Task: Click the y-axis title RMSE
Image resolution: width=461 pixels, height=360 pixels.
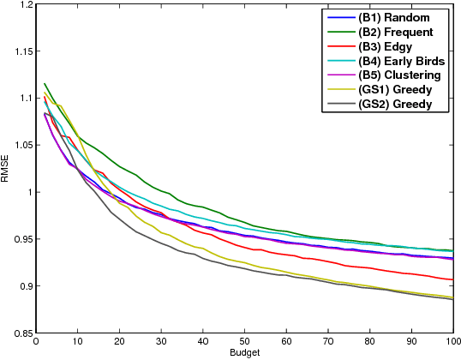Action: (7, 169)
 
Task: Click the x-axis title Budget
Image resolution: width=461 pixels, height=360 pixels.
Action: (245, 353)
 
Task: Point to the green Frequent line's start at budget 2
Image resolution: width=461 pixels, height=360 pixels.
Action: (45, 84)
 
